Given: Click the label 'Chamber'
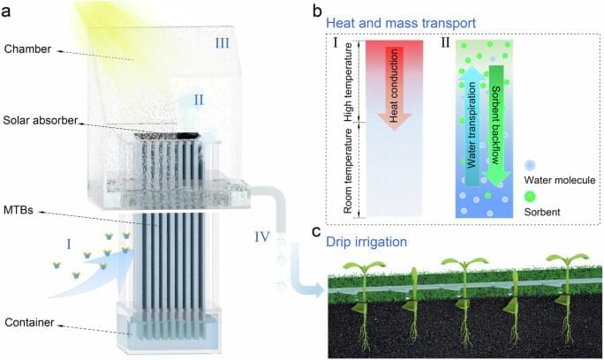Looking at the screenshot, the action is coord(27,49).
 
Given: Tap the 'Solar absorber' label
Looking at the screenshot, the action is coord(41,121).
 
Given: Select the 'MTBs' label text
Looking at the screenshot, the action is coord(19,210).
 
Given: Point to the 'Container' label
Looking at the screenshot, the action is coord(29,322).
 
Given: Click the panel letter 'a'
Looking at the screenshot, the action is coord(6,11).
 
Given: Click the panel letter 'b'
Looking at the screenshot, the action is coord(317,11).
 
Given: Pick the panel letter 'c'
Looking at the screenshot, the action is coord(317,232).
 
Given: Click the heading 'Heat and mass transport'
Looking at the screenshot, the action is coord(401,23).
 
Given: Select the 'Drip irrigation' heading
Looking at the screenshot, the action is coord(366,242).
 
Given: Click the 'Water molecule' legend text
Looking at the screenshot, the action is coord(560,180).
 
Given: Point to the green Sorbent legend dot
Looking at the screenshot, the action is coord(530,197).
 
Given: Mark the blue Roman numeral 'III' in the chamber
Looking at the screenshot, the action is coord(222,42).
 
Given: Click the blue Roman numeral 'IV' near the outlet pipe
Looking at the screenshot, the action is coord(262,236).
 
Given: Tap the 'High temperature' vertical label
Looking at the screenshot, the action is coord(348,82).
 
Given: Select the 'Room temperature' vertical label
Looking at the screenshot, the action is coord(348,170).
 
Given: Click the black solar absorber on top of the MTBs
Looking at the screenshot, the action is coord(167,135).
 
